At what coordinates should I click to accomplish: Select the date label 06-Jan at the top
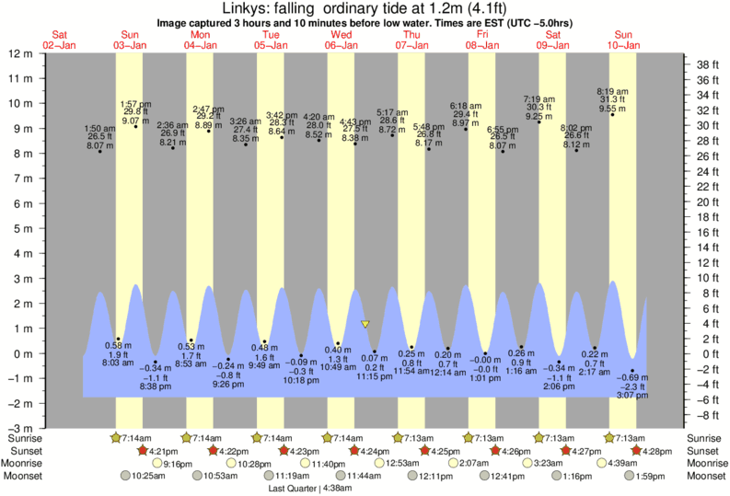point(341,44)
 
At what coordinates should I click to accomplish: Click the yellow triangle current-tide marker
point(365,324)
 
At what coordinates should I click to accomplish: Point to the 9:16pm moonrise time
point(178,463)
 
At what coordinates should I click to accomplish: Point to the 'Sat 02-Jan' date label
point(61,39)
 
